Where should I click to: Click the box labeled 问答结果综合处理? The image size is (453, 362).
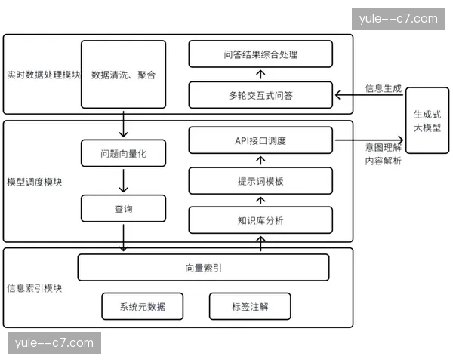click(x=260, y=54)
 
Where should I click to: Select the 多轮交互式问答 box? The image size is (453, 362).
click(x=260, y=95)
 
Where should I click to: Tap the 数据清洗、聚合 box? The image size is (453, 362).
click(x=123, y=75)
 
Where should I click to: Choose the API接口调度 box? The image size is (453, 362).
click(x=260, y=141)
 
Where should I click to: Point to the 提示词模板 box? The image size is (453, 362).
click(x=260, y=181)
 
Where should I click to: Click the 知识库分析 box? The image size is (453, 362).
click(x=260, y=221)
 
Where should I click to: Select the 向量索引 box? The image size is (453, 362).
click(x=203, y=267)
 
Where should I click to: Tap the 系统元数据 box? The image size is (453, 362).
click(x=142, y=306)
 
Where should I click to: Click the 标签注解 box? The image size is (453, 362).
click(x=250, y=306)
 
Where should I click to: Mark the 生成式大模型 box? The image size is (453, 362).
click(x=427, y=121)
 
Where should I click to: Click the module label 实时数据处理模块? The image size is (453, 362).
click(x=43, y=75)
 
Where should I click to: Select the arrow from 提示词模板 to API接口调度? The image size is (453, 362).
click(x=260, y=160)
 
